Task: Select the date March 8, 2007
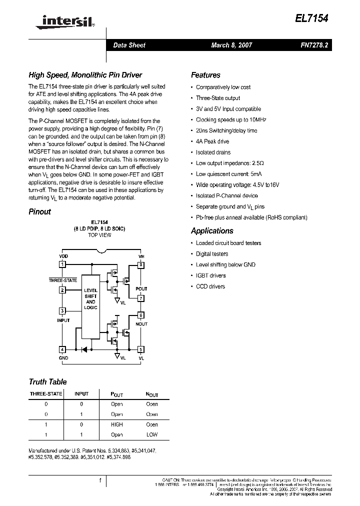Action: click(231, 45)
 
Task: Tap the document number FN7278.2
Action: click(314, 45)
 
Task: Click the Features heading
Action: click(205, 75)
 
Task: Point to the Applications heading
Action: click(212, 231)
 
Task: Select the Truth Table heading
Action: click(47, 381)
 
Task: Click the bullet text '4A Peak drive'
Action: click(212, 141)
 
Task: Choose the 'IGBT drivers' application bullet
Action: click(210, 275)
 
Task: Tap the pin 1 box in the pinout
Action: click(62, 264)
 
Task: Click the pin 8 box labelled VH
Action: click(141, 264)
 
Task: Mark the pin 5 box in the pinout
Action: click(141, 349)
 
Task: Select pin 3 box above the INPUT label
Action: click(62, 310)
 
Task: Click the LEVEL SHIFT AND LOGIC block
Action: click(90, 298)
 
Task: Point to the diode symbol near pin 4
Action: click(84, 349)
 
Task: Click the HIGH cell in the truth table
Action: click(116, 424)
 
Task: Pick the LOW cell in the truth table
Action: click(151, 435)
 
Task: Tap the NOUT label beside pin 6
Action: click(141, 324)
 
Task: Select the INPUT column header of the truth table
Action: click(81, 393)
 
